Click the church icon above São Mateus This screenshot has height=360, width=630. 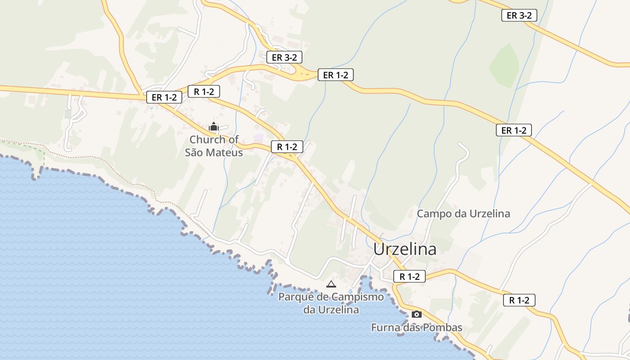pos(214,127)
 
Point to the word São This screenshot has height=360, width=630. pos(194,153)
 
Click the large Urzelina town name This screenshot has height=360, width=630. pos(405,249)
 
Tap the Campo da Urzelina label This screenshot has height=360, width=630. pos(463,213)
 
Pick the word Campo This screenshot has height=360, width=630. pos(433,213)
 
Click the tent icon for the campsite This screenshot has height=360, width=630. pos(331,284)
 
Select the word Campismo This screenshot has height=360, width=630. pos(358,297)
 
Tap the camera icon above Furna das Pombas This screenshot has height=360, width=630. pos(416,314)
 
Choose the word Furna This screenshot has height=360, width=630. pos(385,328)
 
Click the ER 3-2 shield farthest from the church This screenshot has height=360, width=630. pos(519,15)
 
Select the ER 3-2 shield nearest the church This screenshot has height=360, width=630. pos(284,57)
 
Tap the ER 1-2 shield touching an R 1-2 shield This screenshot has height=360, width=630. pos(164,97)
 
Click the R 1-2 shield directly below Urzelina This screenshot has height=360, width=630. pos(409,276)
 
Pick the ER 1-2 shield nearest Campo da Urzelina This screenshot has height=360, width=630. pos(513,130)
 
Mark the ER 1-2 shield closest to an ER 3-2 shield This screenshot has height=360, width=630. pos(335,75)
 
